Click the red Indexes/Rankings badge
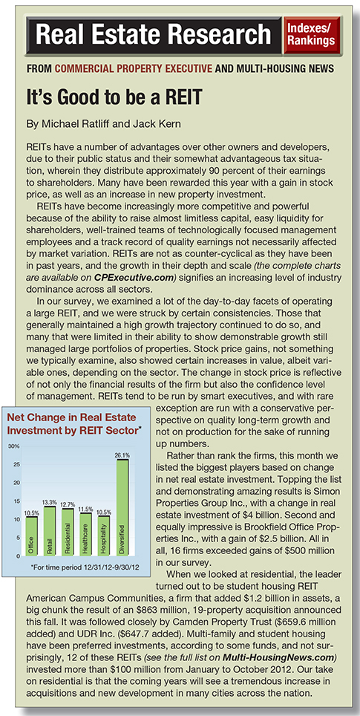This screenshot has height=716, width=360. pos(312,35)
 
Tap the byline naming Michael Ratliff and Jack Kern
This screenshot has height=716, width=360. pos(94,124)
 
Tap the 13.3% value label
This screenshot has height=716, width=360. pos(50,502)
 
